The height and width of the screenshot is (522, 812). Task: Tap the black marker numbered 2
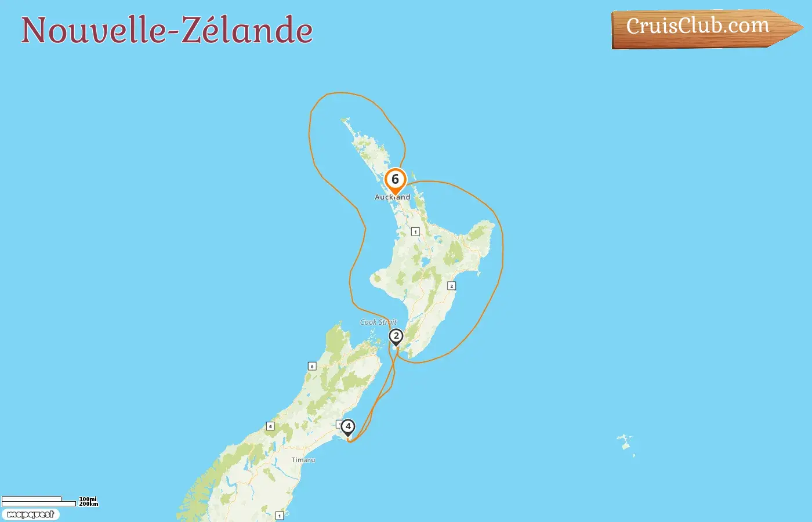click(x=396, y=336)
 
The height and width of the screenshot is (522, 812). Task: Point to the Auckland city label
click(x=392, y=197)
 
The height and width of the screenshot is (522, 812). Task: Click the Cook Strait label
click(x=378, y=322)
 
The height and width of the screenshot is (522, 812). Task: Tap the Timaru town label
click(x=303, y=460)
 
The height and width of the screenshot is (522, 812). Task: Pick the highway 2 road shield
click(x=451, y=286)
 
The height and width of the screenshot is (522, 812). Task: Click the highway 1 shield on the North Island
click(x=415, y=232)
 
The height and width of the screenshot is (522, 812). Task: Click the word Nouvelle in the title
click(x=93, y=30)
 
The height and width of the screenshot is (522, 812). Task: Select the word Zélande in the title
click(x=248, y=30)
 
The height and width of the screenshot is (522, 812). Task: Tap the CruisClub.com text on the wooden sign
click(x=697, y=26)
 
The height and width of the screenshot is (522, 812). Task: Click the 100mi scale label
click(x=88, y=499)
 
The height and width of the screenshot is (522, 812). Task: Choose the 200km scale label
click(x=88, y=504)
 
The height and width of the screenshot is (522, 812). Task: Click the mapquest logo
click(x=31, y=514)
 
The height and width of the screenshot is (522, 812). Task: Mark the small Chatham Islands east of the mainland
click(x=625, y=444)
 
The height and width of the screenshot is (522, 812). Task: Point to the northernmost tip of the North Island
click(x=345, y=120)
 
